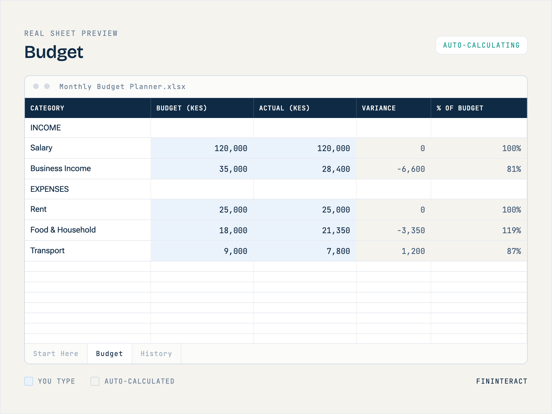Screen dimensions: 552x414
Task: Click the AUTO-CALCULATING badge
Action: (x=481, y=45)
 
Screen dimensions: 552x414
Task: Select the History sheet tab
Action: (x=156, y=354)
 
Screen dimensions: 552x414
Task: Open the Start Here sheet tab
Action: (x=56, y=354)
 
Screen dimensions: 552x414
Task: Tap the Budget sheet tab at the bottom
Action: (x=109, y=354)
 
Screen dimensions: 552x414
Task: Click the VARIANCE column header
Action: (x=379, y=108)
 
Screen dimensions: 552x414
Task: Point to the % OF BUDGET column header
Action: (x=460, y=108)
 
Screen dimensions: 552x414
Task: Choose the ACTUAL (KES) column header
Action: (x=284, y=108)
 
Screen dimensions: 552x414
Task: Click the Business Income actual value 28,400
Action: (x=336, y=169)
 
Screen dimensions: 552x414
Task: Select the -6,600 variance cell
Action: (x=411, y=169)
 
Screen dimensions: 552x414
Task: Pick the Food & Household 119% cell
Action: (x=512, y=230)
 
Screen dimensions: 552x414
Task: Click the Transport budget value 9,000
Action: (x=236, y=251)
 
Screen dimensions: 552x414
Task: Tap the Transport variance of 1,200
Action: (x=413, y=251)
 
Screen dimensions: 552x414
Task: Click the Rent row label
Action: (x=39, y=209)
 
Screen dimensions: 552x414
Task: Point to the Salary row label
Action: (x=41, y=148)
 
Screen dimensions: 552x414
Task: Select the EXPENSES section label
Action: (x=50, y=189)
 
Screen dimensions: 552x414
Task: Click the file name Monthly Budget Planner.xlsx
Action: (x=122, y=87)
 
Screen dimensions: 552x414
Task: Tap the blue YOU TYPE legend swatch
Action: (x=29, y=381)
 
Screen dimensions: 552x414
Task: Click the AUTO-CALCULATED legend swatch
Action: (x=95, y=381)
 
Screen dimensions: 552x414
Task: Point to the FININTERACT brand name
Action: (x=502, y=381)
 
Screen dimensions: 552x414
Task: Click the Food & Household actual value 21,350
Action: (x=336, y=230)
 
